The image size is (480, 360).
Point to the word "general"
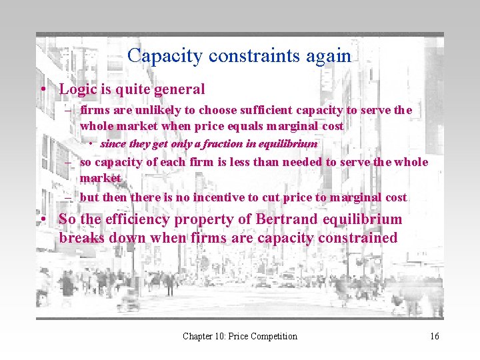[x=179, y=89]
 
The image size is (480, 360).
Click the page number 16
[x=435, y=336]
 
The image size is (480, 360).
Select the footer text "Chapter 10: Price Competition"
[x=240, y=336]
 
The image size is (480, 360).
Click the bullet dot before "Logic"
[x=42, y=89]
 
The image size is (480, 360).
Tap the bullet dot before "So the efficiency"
[x=42, y=220]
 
